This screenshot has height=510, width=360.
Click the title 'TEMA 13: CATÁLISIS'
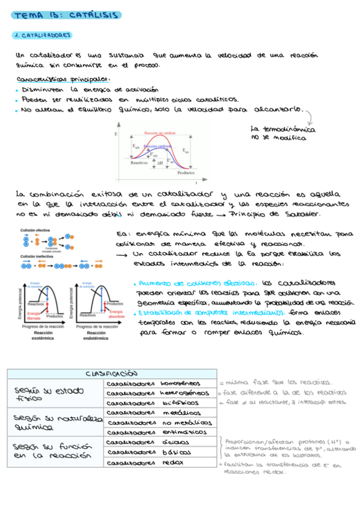[66, 14]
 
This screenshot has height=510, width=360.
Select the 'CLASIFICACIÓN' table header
[111, 373]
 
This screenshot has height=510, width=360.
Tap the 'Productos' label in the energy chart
[186, 173]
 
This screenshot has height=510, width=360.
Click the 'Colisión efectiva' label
[35, 230]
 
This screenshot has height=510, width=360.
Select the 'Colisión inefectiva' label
[37, 256]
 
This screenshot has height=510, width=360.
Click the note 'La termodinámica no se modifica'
[278, 134]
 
